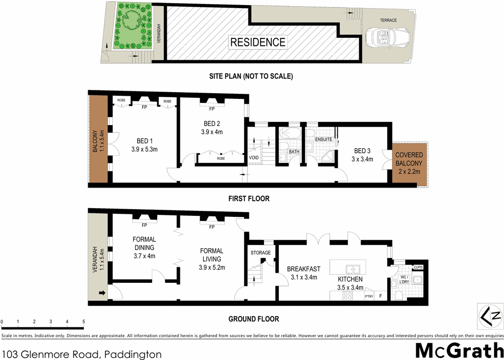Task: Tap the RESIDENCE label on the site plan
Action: tap(258, 42)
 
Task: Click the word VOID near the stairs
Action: tap(255, 158)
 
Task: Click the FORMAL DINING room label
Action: tap(144, 244)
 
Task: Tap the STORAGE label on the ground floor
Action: tap(261, 253)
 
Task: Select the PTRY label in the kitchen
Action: tap(369, 296)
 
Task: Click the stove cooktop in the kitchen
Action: tap(348, 296)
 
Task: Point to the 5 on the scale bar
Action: tap(83, 322)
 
